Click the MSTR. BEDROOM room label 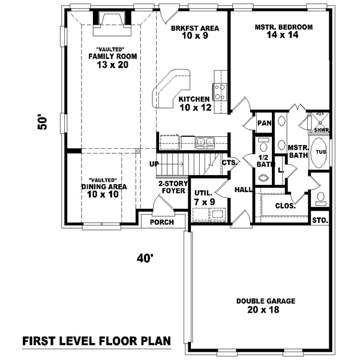coord(284,27)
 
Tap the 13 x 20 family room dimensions coord(113,65)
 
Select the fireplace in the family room coord(112,23)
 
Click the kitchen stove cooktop coord(220,92)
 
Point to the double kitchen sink coord(205,142)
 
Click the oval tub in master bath coord(319,152)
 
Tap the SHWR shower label coord(322,130)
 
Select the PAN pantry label coord(264,123)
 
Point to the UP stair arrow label coord(154,164)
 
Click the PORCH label coord(162,222)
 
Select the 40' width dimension coord(145,258)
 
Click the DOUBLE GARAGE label coord(266,301)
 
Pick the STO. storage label coord(320,221)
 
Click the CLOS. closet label coord(285,206)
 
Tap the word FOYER coord(173,191)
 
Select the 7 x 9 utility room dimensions coord(205,202)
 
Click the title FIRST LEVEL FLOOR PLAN coord(97,341)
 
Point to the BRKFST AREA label coord(195,28)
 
